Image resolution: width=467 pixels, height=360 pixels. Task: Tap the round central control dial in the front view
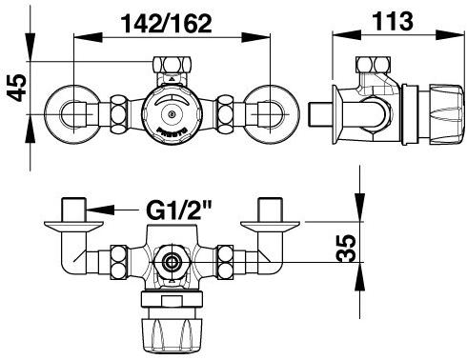[x=173, y=116]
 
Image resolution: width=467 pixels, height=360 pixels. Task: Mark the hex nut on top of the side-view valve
[x=372, y=68]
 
